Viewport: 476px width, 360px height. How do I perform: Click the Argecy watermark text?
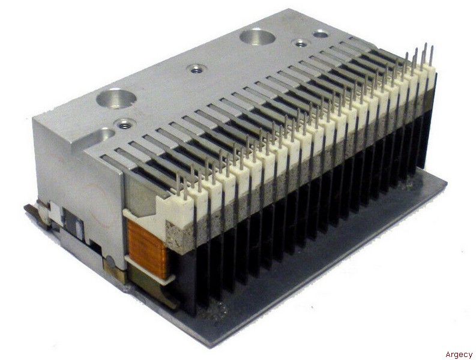coord(459,355)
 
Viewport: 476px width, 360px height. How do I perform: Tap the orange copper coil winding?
coord(146,248)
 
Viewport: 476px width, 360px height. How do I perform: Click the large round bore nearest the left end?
coord(116,98)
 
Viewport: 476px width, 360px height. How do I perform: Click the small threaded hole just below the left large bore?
coord(123,124)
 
